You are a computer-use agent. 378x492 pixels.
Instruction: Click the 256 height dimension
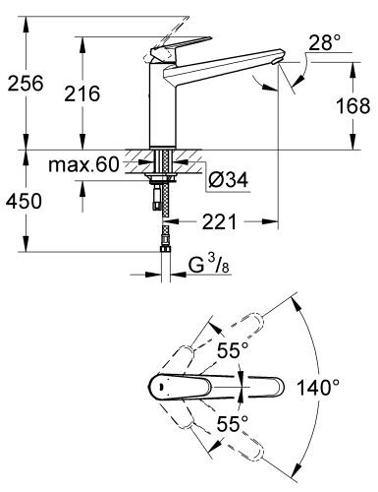click(x=24, y=84)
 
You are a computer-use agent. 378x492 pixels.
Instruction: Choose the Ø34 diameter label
click(x=229, y=179)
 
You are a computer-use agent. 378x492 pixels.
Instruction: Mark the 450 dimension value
click(x=24, y=203)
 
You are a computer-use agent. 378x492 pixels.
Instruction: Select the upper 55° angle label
click(x=230, y=350)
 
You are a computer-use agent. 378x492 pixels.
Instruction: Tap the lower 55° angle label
click(x=230, y=423)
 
